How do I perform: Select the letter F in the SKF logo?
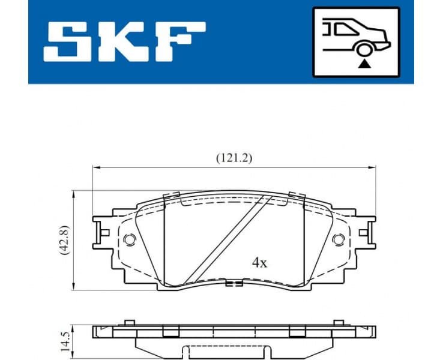[x=180, y=41]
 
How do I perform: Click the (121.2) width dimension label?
[x=234, y=158]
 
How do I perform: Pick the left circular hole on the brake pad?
[x=130, y=239]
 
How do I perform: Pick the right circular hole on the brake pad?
[x=338, y=239]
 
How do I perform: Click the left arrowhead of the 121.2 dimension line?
[x=95, y=167]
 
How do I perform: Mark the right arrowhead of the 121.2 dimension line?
[x=373, y=167]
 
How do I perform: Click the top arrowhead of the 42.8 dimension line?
[x=73, y=194]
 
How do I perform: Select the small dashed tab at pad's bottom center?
[x=234, y=283]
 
